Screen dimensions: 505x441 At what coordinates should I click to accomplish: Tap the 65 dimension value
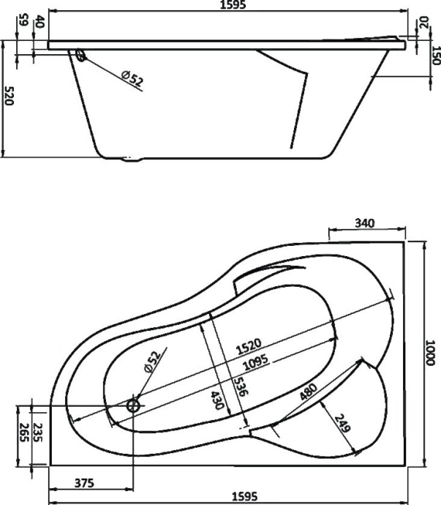point(23,20)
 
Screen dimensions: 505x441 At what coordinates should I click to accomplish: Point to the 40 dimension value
point(39,21)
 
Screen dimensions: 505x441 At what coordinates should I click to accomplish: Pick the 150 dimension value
point(435,56)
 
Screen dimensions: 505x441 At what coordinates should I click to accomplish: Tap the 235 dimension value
point(39,433)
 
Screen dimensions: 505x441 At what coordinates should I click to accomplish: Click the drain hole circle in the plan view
point(134,405)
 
